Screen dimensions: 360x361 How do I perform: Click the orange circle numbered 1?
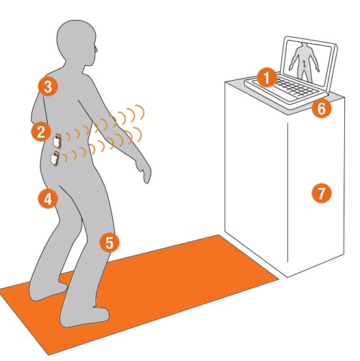pyautogui.click(x=267, y=77)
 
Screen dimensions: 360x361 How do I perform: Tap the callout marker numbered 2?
pyautogui.click(x=41, y=132)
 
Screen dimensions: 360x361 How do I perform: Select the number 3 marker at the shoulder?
pyautogui.click(x=48, y=87)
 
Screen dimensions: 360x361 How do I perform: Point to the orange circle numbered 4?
pyautogui.click(x=48, y=199)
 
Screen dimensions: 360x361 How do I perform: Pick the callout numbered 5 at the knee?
pyautogui.click(x=110, y=242)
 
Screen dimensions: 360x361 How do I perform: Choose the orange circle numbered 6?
pyautogui.click(x=322, y=108)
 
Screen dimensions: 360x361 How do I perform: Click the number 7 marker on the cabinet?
pyautogui.click(x=322, y=193)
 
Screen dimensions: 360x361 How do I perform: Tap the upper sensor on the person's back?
pyautogui.click(x=57, y=141)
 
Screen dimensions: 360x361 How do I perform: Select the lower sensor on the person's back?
pyautogui.click(x=55, y=158)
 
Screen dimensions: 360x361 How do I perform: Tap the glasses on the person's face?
pyautogui.click(x=96, y=49)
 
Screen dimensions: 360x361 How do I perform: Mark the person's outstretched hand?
pyautogui.click(x=144, y=173)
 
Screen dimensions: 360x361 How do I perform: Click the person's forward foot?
pyautogui.click(x=84, y=315)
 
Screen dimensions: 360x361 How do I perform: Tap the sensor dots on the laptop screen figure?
pyautogui.click(x=304, y=64)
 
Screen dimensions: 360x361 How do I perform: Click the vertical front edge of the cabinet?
pyautogui.click(x=287, y=192)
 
